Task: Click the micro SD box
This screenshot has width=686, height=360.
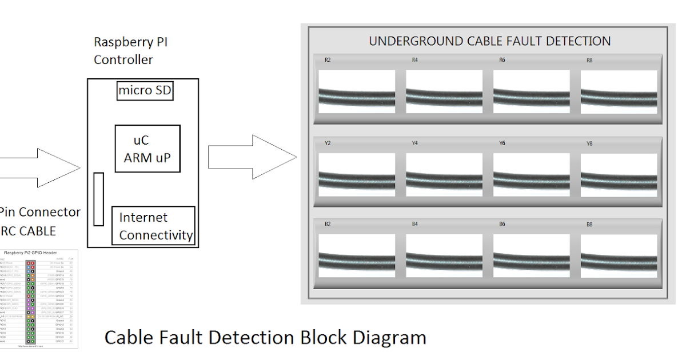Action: click(145, 90)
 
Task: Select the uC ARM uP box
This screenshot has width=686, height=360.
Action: click(147, 149)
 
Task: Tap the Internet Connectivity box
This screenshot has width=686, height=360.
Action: click(153, 226)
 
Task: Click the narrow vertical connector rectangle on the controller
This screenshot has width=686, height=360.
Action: click(98, 199)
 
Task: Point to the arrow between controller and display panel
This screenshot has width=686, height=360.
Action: click(252, 157)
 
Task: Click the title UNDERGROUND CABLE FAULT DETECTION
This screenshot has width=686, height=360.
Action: click(489, 41)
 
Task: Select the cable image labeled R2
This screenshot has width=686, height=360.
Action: click(357, 91)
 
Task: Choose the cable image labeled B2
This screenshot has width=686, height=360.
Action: click(357, 256)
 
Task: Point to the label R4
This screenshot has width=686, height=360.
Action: click(414, 60)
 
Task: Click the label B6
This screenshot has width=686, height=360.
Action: click(502, 225)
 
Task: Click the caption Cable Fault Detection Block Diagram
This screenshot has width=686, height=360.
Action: click(265, 337)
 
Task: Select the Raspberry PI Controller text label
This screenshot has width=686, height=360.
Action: click(130, 51)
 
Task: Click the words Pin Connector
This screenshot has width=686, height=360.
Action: click(40, 212)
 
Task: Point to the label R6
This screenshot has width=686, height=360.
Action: click(502, 60)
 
